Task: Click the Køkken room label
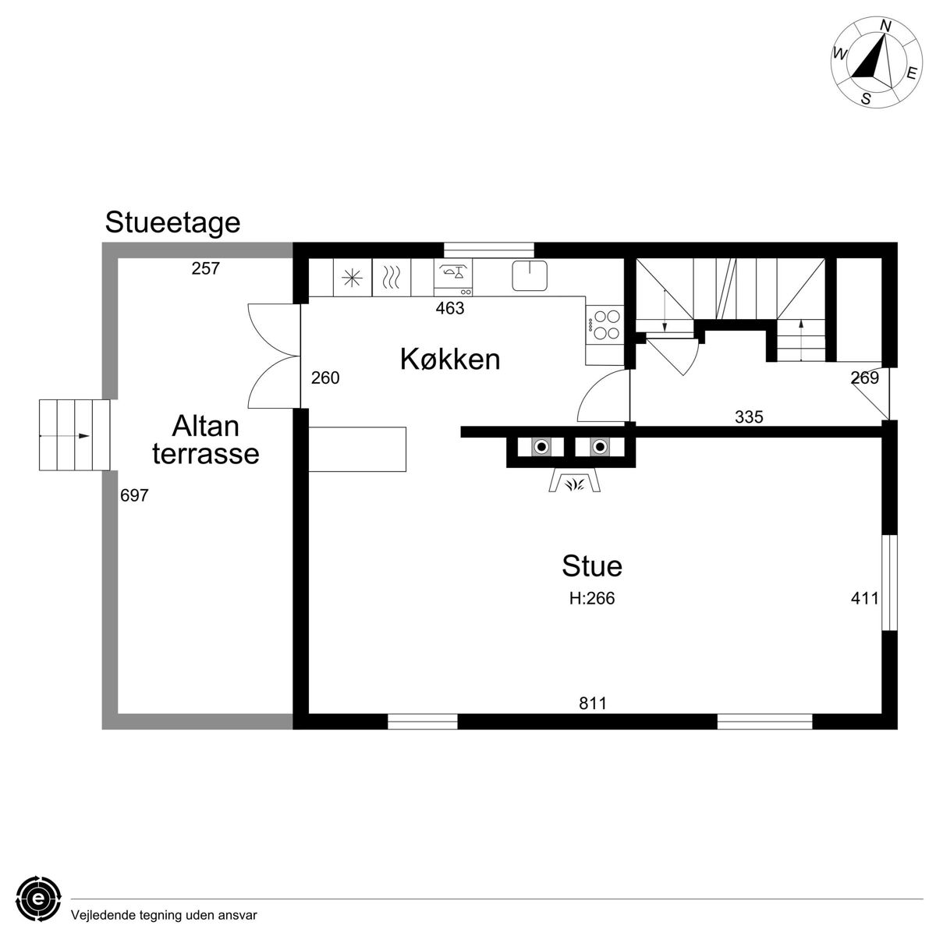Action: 450,360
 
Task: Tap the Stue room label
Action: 591,565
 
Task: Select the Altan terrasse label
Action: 205,440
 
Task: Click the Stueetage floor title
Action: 172,223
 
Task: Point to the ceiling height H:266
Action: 591,598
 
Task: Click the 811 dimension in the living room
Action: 593,704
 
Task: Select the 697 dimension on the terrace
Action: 134,495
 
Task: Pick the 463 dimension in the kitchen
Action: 450,308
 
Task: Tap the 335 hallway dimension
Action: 749,417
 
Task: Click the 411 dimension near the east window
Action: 864,598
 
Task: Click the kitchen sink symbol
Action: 530,275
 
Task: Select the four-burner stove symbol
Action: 605,325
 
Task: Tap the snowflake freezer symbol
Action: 352,278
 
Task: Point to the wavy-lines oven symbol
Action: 391,278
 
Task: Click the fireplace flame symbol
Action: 575,484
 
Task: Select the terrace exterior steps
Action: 74,435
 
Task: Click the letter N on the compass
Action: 885,27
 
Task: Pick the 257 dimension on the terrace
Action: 205,268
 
